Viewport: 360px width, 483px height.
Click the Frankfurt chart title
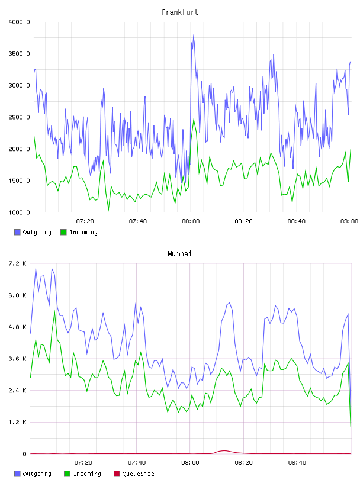point(180,12)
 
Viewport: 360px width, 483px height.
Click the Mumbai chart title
point(179,254)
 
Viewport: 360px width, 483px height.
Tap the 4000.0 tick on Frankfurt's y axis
point(19,22)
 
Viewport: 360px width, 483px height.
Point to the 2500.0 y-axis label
point(19,117)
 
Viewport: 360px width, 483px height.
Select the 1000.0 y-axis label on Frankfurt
point(19,212)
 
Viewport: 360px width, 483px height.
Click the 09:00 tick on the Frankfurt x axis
point(349,221)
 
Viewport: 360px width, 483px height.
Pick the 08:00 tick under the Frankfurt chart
point(191,221)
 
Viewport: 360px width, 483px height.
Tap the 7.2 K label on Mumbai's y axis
point(18,263)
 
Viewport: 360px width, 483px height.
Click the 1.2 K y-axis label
point(18,422)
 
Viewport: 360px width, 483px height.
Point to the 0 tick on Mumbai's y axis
point(24,454)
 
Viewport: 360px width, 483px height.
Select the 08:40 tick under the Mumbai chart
point(297,463)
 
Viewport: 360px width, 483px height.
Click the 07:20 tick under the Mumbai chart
point(83,463)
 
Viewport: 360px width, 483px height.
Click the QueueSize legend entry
point(134,474)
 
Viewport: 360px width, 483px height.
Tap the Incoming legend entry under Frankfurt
point(79,232)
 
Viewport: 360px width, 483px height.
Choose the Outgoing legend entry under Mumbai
point(33,474)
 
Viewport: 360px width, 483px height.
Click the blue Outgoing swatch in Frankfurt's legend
point(17,232)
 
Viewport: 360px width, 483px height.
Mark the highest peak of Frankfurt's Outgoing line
point(193,36)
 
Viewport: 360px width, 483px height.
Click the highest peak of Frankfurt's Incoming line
point(194,119)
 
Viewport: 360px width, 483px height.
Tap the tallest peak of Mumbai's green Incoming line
point(54,311)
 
